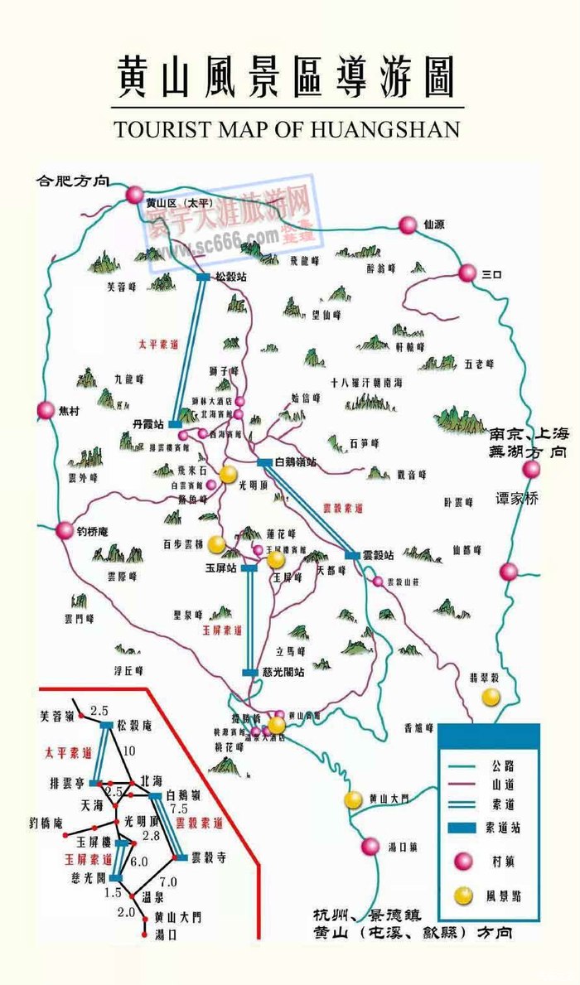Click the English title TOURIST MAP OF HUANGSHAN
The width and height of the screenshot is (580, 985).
coord(287,129)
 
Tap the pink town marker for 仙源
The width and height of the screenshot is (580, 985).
coord(408,225)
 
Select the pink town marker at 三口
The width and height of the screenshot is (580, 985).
coord(468,272)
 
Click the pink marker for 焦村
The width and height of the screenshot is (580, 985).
coord(46,410)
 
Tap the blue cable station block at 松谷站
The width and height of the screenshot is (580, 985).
coord(203,278)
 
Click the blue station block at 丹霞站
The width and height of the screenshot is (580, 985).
coord(175,424)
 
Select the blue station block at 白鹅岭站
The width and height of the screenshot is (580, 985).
coord(264,462)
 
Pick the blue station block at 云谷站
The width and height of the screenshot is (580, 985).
coord(353,555)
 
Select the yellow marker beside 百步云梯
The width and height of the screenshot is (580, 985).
coord(215,543)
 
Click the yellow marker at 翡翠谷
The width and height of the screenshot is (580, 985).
coord(491,698)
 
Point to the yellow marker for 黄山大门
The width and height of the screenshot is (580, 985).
coord(354,799)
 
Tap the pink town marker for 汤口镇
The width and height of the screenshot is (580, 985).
coord(370,847)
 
